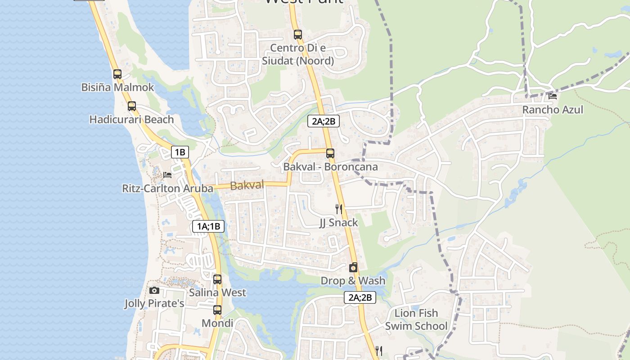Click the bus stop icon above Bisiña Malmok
coord(117,74)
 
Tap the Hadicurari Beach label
coord(131,120)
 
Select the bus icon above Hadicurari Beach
coord(131,106)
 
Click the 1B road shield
coord(180,152)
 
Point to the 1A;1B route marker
coord(208,226)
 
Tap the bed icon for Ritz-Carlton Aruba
coord(167,175)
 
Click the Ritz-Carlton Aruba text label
coord(167,189)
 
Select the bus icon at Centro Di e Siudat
coord(297,34)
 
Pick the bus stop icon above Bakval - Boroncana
coord(330,153)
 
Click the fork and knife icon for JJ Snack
coord(339,209)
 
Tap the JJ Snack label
coord(339,223)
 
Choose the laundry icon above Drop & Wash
coord(353,268)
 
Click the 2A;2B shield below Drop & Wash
coord(360,297)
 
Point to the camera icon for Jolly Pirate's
coord(154,290)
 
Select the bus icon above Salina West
coord(217,279)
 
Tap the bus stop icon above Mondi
coord(217,310)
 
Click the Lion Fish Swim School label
coord(416,319)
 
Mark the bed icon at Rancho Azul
coord(553,96)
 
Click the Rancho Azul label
coord(553,110)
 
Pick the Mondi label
coord(217,324)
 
